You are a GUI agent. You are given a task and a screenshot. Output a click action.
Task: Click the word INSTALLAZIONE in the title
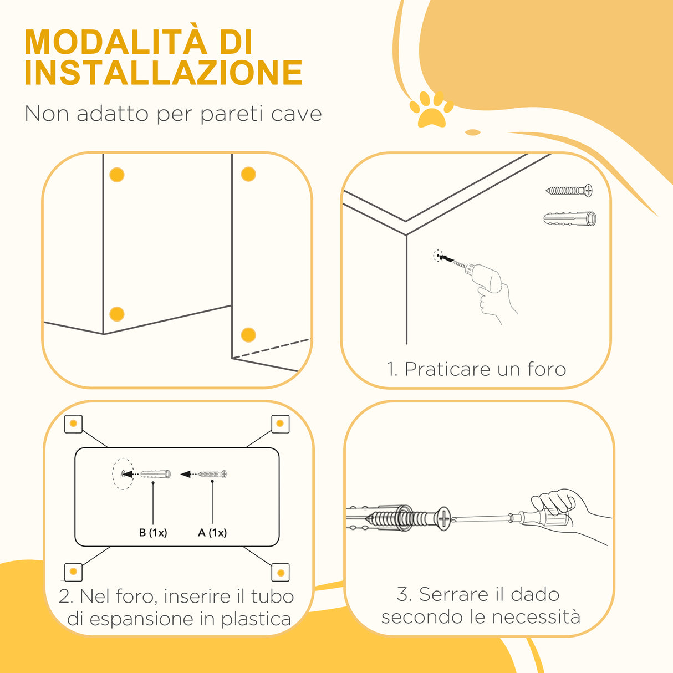pyautogui.click(x=164, y=73)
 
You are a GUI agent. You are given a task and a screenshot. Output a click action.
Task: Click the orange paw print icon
pyautogui.click(x=431, y=109)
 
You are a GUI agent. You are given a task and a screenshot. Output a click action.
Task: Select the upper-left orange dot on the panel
pyautogui.click(x=117, y=175)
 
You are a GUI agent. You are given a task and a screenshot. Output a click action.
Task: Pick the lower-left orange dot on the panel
pyautogui.click(x=117, y=314)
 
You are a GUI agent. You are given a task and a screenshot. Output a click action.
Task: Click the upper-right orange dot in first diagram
pyautogui.click(x=248, y=175)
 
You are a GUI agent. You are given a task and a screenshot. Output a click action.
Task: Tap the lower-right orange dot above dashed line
pyautogui.click(x=248, y=335)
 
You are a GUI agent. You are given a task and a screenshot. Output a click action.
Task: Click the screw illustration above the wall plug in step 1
pyautogui.click(x=569, y=191)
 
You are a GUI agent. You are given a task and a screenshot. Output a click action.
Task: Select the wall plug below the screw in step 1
pyautogui.click(x=570, y=218)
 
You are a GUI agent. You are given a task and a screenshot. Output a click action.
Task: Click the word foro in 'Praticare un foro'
pyautogui.click(x=546, y=369)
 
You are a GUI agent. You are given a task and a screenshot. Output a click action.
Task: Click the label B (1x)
pyautogui.click(x=153, y=533)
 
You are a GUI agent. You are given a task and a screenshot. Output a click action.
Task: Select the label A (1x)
pyautogui.click(x=212, y=533)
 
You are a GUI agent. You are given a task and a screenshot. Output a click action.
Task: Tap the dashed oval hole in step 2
pyautogui.click(x=123, y=474)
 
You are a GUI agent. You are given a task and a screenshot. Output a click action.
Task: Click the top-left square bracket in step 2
pyautogui.click(x=73, y=424)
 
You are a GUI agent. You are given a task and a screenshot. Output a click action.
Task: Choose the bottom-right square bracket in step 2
pyautogui.click(x=281, y=573)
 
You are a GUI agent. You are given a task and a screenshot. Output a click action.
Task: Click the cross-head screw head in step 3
pyautogui.click(x=443, y=519)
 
